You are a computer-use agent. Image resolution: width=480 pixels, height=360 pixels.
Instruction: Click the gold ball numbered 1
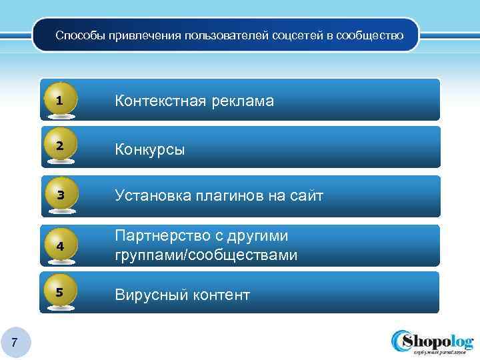(x=61, y=100)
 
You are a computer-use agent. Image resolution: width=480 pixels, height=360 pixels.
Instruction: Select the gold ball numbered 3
(x=61, y=195)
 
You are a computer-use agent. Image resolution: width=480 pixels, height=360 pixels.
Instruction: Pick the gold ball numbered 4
(x=61, y=245)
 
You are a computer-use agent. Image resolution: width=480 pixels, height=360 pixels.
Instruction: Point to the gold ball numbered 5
(x=61, y=292)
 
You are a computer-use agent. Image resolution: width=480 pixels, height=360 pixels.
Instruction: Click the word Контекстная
(x=161, y=101)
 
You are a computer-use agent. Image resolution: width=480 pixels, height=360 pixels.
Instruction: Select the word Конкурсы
(x=150, y=149)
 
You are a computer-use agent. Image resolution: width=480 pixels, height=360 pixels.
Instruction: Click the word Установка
(x=152, y=196)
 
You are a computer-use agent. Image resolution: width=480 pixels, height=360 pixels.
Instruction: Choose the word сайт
(x=306, y=196)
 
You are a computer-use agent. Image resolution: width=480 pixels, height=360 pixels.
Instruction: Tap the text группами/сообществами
(x=206, y=255)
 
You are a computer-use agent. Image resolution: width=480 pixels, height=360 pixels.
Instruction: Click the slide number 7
(x=14, y=343)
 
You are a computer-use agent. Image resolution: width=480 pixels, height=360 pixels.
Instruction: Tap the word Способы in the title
(x=77, y=35)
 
